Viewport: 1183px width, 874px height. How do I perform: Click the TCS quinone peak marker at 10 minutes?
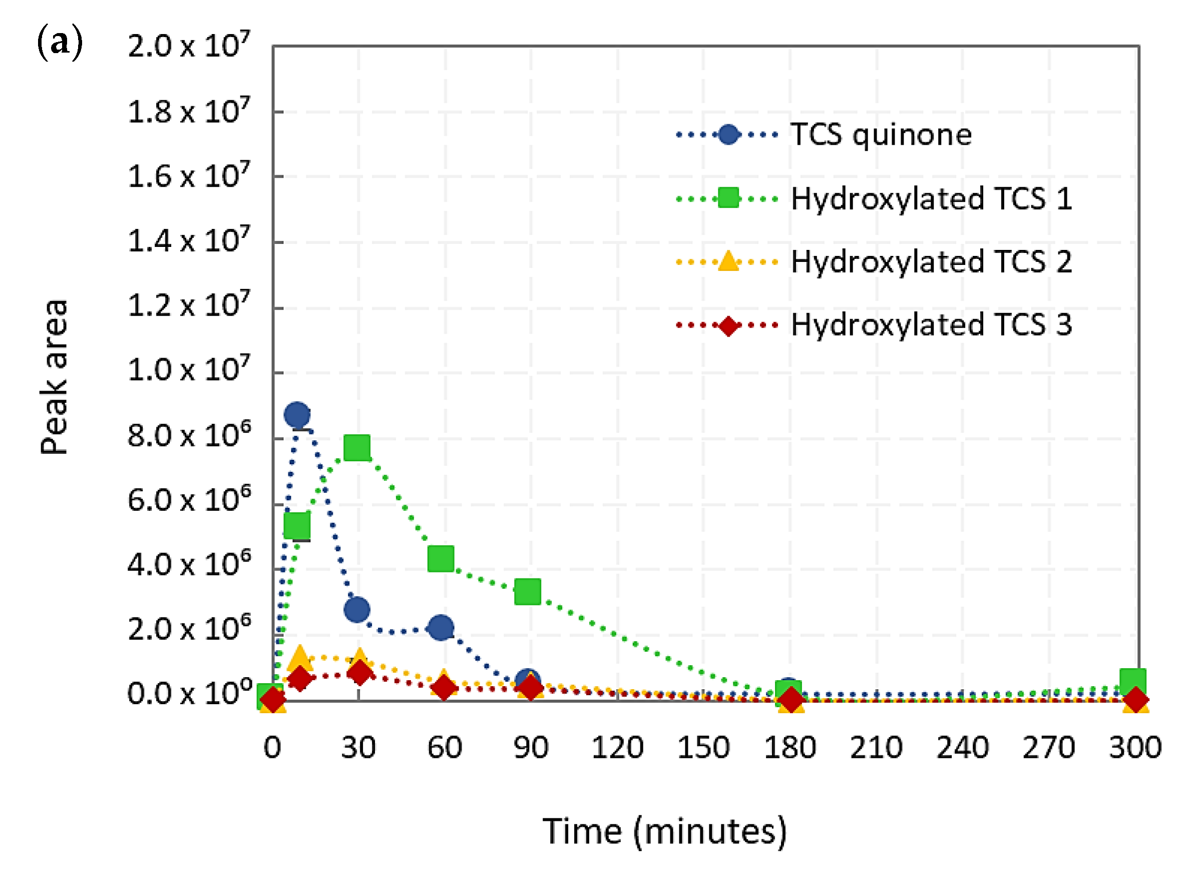coord(297,415)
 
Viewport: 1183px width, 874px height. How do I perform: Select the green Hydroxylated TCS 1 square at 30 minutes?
coord(357,448)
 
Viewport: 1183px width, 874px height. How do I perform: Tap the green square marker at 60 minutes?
coord(441,558)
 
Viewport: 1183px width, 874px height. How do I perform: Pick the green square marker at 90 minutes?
coord(527,592)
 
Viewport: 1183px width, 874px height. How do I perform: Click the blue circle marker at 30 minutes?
coord(357,610)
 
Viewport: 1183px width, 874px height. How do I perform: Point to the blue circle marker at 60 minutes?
coord(441,628)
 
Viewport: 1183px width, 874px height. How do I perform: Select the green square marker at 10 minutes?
coord(297,525)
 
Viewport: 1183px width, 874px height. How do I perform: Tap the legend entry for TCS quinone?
coord(881,135)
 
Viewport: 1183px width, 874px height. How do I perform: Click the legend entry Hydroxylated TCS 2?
coord(931,262)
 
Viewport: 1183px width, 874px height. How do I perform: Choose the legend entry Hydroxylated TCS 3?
coord(931,325)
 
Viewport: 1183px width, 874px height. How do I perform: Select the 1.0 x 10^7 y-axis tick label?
coord(188,369)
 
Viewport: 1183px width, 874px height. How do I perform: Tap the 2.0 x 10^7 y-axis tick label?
coord(188,45)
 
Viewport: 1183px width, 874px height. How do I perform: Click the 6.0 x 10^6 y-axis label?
coord(188,499)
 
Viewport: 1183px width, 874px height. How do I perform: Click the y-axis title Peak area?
coord(54,377)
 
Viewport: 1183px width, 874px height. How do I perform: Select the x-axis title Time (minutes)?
coord(665,831)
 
